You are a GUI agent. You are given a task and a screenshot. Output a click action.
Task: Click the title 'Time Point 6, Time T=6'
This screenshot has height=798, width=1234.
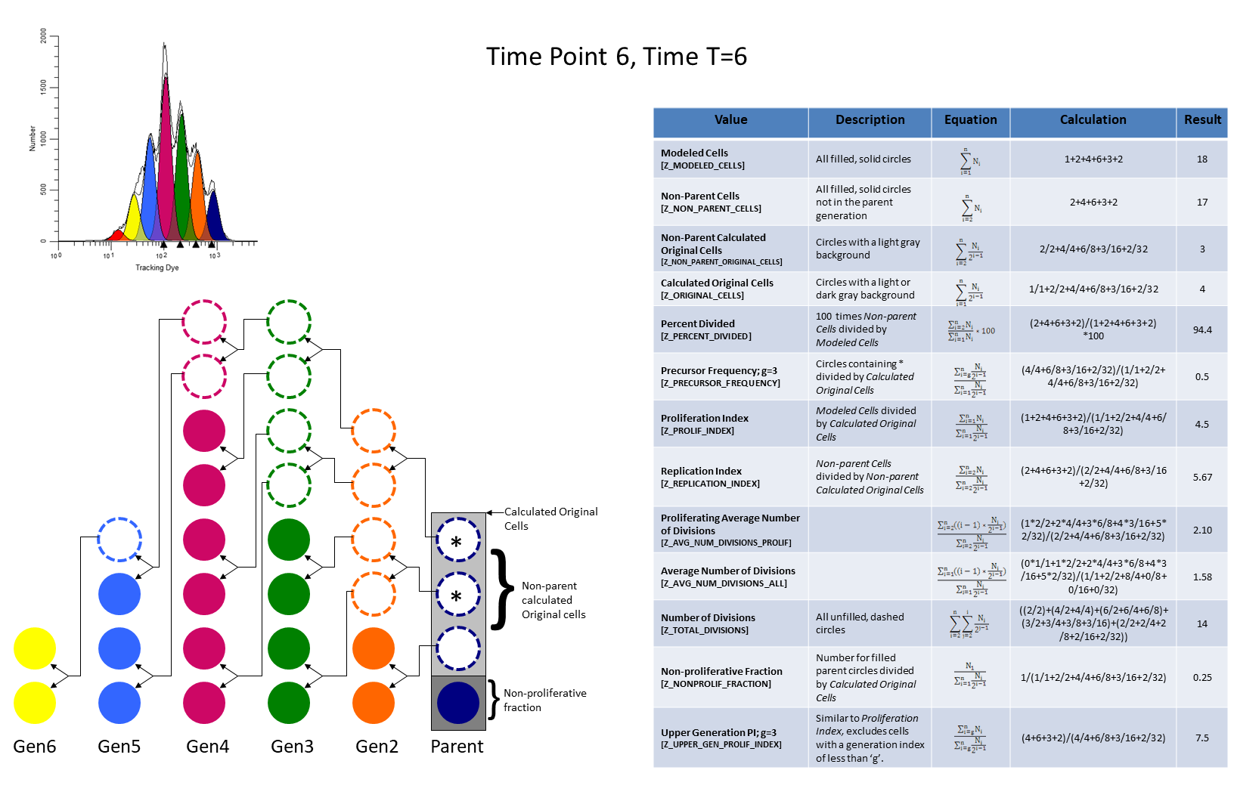(616, 57)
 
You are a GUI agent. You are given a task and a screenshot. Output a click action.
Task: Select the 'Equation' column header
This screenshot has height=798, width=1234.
(970, 120)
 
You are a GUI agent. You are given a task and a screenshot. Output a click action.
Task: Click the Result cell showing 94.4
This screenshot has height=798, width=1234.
(1201, 330)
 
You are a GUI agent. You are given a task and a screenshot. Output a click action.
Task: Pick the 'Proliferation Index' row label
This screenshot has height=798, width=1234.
(704, 419)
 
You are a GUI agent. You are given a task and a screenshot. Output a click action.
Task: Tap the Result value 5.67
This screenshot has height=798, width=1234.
(1201, 478)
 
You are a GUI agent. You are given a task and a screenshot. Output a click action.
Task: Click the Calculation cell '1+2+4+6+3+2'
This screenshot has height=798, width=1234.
(1093, 159)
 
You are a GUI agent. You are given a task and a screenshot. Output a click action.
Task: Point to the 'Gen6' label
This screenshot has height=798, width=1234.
(35, 747)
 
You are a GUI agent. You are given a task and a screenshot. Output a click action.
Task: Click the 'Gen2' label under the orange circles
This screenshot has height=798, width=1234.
(377, 747)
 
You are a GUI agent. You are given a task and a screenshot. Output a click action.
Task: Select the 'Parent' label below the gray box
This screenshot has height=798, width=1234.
(457, 747)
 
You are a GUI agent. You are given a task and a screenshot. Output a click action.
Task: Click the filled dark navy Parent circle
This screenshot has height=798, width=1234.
(458, 703)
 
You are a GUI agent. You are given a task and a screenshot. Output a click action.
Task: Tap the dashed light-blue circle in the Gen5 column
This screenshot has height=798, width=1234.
(119, 540)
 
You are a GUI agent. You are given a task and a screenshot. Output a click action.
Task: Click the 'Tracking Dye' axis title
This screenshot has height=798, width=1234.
(157, 268)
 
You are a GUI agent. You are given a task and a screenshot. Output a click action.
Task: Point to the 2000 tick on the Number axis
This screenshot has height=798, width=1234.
(44, 36)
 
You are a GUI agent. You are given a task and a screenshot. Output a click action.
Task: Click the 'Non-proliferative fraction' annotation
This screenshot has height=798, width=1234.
(544, 700)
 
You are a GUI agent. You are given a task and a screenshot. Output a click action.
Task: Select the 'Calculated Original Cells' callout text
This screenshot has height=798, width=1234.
(550, 518)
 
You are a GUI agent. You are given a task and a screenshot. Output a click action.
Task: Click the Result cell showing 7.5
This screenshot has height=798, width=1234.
(1201, 738)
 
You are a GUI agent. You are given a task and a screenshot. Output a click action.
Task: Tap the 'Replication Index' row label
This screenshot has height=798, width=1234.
(701, 472)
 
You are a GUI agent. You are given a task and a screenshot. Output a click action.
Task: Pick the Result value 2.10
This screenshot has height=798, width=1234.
(1201, 530)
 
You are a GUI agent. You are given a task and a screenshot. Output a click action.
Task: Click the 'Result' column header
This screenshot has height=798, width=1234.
(1201, 120)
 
